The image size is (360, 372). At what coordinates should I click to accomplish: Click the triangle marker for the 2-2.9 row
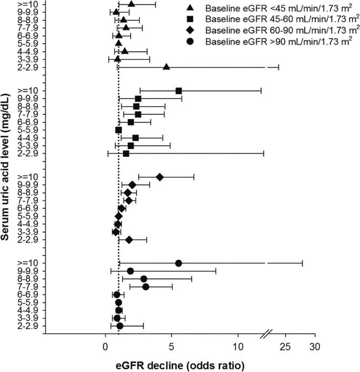click(166, 67)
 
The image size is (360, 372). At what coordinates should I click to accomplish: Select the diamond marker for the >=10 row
click(160, 177)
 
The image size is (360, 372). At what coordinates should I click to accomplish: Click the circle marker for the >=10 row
click(179, 263)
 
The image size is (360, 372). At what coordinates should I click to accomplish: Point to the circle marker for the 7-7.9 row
click(146, 287)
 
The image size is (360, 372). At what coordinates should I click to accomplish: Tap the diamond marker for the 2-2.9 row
click(129, 240)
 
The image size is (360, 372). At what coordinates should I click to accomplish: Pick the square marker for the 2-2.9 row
click(126, 154)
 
